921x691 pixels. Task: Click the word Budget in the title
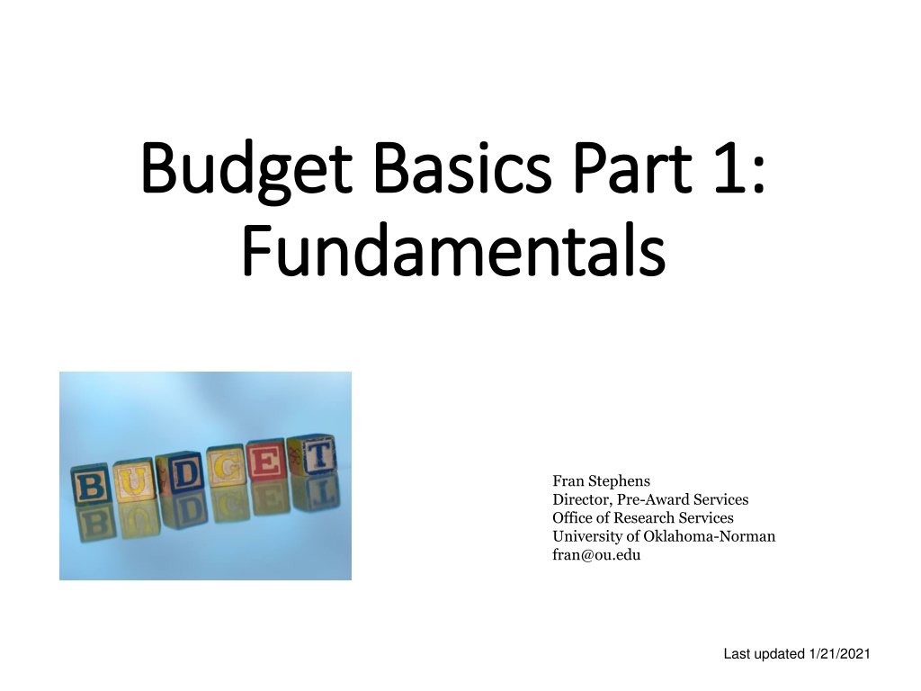point(246,170)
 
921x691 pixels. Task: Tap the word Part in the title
point(632,167)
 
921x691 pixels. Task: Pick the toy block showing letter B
point(91,485)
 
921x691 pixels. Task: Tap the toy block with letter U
point(134,480)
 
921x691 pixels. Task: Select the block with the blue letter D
point(181,473)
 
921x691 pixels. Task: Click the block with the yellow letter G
point(226,467)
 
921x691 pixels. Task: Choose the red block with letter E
point(267,461)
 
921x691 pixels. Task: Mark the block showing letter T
point(312,454)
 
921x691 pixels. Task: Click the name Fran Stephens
point(601,481)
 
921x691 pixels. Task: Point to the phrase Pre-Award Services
point(683,499)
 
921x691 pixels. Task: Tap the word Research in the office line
point(644,517)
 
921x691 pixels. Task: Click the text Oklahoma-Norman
point(710,536)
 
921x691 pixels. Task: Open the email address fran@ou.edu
point(596,554)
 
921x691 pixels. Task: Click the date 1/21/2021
point(839,654)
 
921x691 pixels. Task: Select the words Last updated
point(765,654)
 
